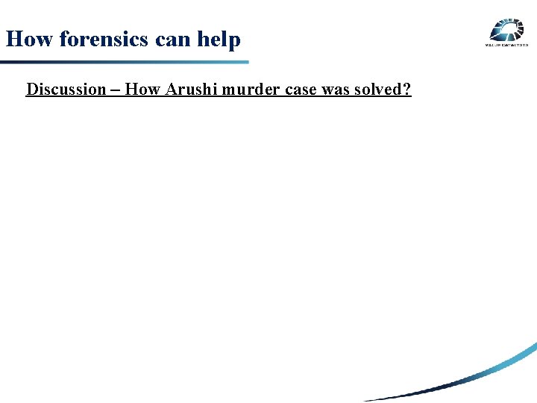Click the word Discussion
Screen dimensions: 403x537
[66, 90]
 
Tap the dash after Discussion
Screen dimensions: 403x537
[116, 90]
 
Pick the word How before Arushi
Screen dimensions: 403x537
[139, 90]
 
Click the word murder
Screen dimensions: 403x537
[243, 90]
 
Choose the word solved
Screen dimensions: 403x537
[379, 90]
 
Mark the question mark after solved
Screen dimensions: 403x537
[407, 90]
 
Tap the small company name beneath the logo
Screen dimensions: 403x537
[506, 46]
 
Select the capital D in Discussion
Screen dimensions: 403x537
[31, 90]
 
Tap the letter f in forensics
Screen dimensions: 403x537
[63, 39]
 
